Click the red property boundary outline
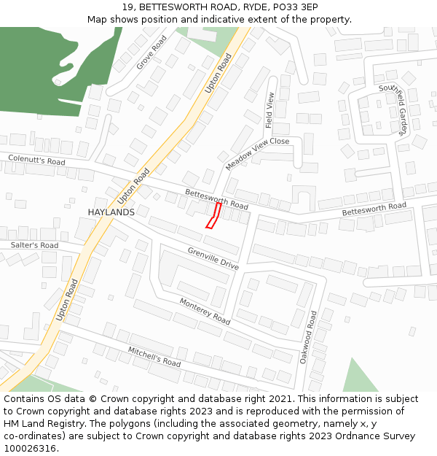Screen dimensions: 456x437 tap(213, 216)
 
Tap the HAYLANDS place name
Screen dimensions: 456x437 tap(111, 212)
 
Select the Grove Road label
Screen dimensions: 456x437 tap(151, 53)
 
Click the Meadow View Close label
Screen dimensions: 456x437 tap(257, 154)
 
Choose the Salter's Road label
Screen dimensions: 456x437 tap(34, 246)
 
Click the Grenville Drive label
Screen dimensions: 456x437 tap(213, 258)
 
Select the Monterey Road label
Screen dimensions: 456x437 tap(205, 312)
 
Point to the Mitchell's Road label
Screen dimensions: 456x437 tap(154, 357)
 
